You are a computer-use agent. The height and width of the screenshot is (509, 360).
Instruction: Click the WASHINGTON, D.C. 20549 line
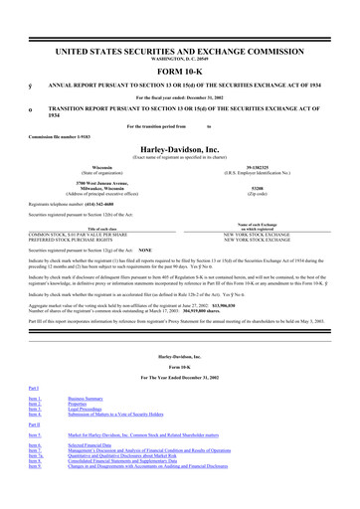(x=179, y=59)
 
